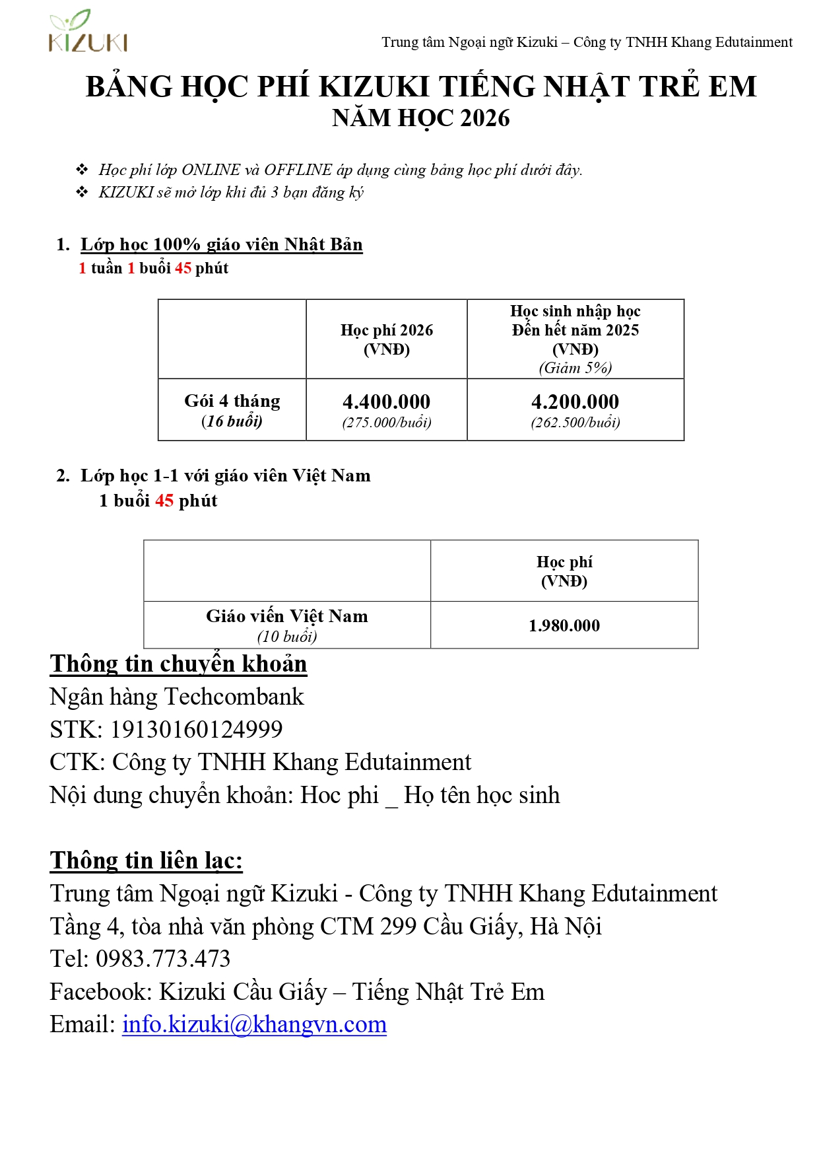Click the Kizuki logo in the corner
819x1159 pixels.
pos(88,31)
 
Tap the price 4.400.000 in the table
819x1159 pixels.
pos(386,402)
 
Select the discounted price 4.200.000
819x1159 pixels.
pos(575,402)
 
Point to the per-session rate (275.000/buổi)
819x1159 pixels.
pos(386,423)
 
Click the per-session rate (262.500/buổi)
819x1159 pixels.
pos(575,423)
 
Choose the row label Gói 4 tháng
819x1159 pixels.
pos(232,401)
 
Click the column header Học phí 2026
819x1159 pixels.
pos(386,330)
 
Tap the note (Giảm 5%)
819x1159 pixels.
pos(575,368)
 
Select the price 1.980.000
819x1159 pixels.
pos(564,625)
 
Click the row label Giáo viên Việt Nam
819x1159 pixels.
pos(286,616)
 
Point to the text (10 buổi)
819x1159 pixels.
pos(286,637)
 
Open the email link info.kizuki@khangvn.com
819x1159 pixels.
pos(254,1024)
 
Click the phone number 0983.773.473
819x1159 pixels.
pos(163,959)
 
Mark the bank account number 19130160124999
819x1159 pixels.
pos(196,729)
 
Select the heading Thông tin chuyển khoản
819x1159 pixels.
pos(178,664)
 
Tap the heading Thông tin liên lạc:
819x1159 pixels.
pos(146,860)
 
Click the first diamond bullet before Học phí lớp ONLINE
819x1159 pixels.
pos(82,170)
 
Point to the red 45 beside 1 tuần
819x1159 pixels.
pos(183,268)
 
